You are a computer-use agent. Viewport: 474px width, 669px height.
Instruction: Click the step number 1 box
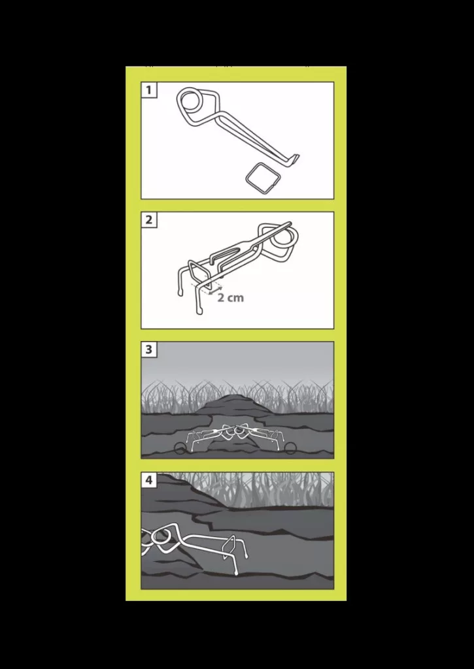click(x=148, y=90)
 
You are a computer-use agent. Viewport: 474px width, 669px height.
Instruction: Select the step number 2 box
click(x=148, y=220)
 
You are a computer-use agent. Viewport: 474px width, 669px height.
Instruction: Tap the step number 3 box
click(x=148, y=350)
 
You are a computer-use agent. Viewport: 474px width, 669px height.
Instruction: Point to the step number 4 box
click(x=148, y=480)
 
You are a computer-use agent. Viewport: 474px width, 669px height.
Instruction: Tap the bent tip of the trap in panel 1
click(x=296, y=159)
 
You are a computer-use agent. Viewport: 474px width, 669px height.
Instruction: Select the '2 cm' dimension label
click(x=231, y=297)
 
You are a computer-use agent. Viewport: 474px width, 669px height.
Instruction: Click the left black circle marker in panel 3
click(x=180, y=448)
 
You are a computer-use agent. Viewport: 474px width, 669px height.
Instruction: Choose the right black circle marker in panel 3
click(x=290, y=448)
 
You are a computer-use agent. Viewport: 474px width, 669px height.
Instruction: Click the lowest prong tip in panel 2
click(x=199, y=312)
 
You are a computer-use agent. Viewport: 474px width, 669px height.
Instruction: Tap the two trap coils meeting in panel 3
click(x=237, y=432)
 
